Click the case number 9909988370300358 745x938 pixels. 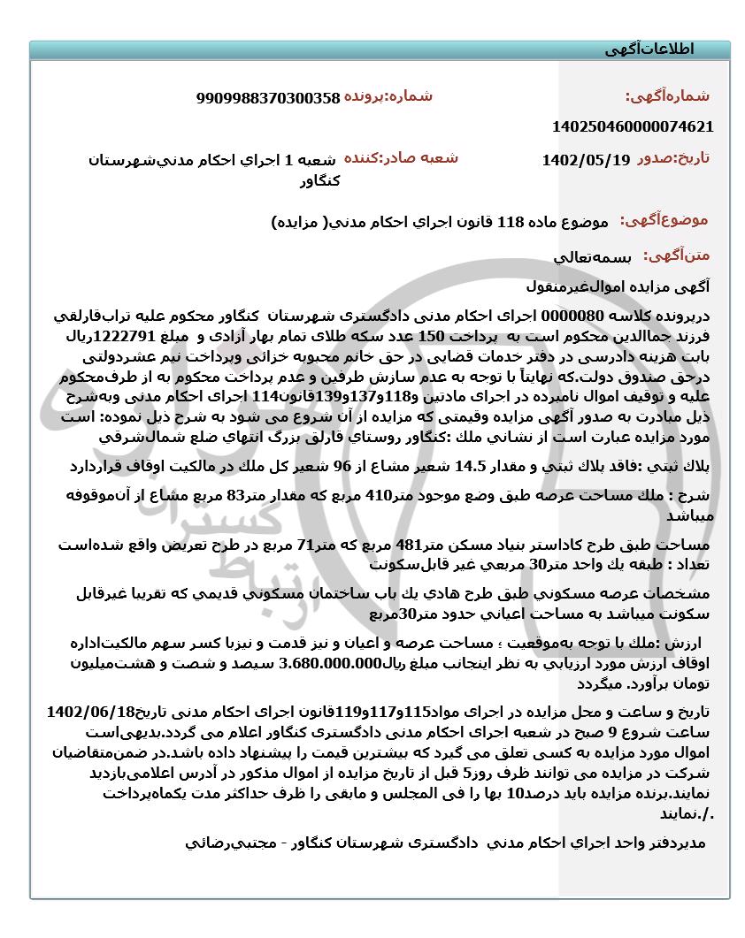[268, 99]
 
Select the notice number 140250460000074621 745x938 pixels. [632, 126]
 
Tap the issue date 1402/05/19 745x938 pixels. [586, 160]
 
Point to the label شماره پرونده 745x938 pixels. [388, 96]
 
